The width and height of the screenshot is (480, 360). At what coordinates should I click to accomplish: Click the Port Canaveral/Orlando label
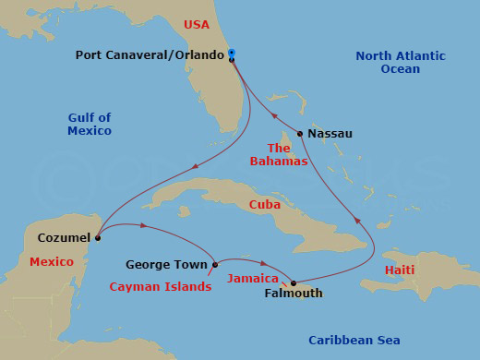(x=150, y=55)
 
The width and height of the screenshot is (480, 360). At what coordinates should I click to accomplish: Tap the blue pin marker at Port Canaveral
(x=232, y=53)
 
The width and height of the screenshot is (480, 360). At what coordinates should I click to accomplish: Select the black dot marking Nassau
(x=300, y=134)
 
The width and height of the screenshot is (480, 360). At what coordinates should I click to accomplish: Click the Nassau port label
(x=330, y=134)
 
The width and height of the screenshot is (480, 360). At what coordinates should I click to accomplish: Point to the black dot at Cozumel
(x=97, y=237)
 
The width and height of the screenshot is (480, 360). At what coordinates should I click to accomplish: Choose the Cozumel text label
(x=64, y=237)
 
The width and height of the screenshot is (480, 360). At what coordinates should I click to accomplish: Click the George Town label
(x=166, y=265)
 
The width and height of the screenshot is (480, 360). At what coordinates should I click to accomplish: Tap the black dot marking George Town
(x=215, y=265)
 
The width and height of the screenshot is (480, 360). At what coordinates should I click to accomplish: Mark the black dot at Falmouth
(x=294, y=282)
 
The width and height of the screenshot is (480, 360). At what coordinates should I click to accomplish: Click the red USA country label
(x=198, y=24)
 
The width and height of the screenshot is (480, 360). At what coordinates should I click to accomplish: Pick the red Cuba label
(x=264, y=204)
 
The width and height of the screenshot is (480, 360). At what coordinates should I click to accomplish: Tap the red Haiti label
(x=399, y=270)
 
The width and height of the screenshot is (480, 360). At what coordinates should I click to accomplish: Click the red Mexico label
(x=52, y=262)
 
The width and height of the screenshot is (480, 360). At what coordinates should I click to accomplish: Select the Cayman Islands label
(x=160, y=287)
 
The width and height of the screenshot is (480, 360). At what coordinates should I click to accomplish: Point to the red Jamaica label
(x=253, y=278)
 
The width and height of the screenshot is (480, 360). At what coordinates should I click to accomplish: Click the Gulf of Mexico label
(x=90, y=124)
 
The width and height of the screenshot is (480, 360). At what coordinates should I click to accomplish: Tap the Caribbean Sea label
(x=354, y=341)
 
